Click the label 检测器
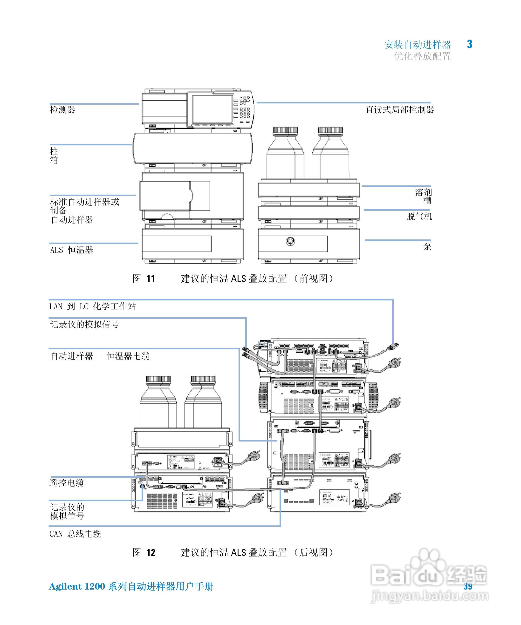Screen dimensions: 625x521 (x=62, y=109)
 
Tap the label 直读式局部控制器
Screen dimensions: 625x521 (x=399, y=109)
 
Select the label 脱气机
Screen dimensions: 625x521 (x=419, y=216)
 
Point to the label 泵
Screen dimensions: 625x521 (x=427, y=246)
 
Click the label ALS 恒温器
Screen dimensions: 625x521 (x=72, y=250)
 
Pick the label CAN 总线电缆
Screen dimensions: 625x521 (x=75, y=534)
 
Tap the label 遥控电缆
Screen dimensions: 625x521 (x=67, y=483)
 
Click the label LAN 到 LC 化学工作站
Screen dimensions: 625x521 (x=93, y=306)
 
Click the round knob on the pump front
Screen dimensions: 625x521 (x=290, y=241)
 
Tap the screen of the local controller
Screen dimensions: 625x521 (x=213, y=109)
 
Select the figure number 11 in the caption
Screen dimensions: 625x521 (x=151, y=279)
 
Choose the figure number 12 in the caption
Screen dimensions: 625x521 (x=151, y=553)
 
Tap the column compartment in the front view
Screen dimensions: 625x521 (x=193, y=148)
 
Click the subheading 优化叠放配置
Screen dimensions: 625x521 (x=422, y=56)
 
